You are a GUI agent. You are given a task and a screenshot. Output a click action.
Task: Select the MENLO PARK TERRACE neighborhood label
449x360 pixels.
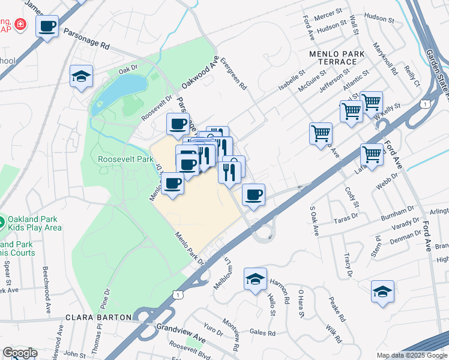point(337,58)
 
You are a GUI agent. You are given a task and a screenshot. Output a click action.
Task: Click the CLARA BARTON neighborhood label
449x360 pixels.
point(98,317)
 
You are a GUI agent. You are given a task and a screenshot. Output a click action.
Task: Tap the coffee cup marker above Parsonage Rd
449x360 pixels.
point(47,26)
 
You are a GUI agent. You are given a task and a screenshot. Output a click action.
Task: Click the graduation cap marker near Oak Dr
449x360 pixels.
point(81,76)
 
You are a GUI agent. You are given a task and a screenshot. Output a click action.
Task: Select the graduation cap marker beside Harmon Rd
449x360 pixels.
point(255,279)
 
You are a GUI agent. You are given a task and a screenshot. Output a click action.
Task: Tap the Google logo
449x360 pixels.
point(20,353)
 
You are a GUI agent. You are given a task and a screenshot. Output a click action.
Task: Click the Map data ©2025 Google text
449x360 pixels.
point(411,355)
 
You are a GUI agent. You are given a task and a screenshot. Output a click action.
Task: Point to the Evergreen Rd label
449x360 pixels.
point(234,74)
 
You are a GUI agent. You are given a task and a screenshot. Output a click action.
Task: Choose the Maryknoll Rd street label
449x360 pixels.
point(385,58)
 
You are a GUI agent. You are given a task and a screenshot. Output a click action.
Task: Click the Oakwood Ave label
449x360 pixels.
point(201,71)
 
